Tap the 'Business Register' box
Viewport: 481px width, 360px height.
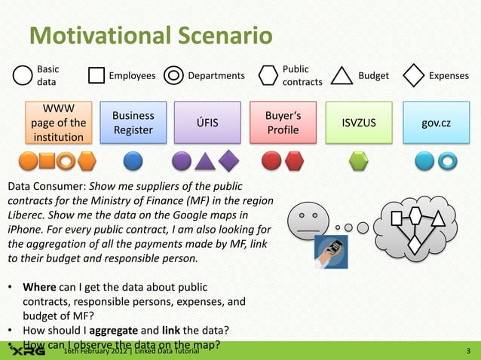133,123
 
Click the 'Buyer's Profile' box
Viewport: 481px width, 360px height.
283,123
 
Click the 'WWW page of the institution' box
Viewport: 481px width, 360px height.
58,123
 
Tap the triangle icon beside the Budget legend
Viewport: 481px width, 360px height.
342,75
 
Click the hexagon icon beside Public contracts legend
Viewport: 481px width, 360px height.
269,75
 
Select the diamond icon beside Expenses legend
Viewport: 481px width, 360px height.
415,75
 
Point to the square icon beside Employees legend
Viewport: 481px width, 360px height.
97,75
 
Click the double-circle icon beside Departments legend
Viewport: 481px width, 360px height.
173,75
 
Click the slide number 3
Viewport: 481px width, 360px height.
469,351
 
